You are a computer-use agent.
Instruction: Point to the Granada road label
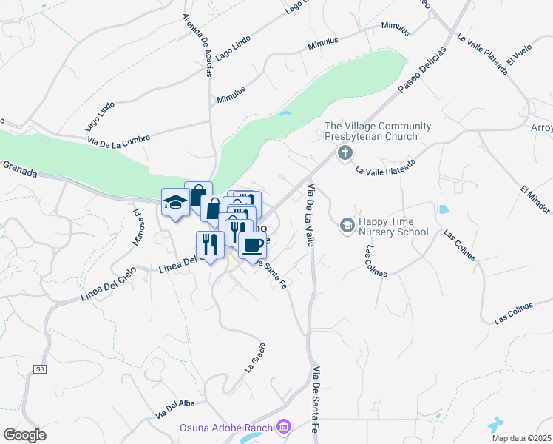tap(20, 166)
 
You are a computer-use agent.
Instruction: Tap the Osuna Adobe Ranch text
tap(225, 427)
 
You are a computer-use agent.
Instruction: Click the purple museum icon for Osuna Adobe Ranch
tap(282, 426)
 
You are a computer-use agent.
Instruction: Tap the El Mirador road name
tap(536, 199)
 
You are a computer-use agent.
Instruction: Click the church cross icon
tap(344, 154)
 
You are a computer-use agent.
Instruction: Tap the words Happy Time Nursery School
tap(393, 226)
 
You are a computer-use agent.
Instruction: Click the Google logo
tap(24, 435)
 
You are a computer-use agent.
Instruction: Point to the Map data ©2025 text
tap(520, 438)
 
